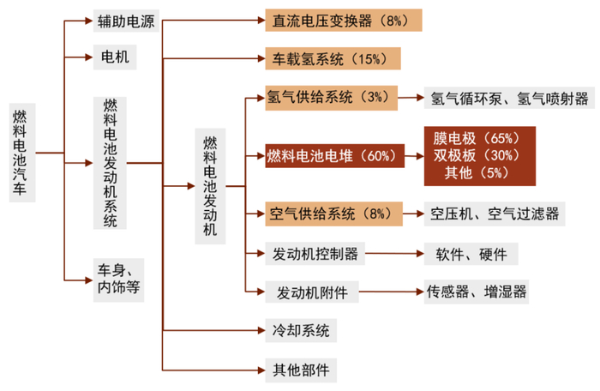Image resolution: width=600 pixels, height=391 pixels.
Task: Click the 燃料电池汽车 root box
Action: click(21, 153)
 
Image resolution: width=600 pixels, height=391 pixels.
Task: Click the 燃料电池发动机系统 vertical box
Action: click(111, 162)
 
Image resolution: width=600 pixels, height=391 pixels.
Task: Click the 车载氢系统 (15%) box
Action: click(333, 59)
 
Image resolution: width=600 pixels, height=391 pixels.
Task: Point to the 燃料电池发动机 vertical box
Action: click(210, 184)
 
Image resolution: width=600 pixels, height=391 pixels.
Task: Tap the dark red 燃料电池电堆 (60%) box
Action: click(333, 156)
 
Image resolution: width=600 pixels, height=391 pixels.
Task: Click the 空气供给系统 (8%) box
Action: click(332, 214)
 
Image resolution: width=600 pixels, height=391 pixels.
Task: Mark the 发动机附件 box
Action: click(309, 292)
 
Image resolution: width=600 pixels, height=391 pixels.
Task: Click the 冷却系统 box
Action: click(299, 330)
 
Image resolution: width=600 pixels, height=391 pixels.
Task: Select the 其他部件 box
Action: click(299, 370)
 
